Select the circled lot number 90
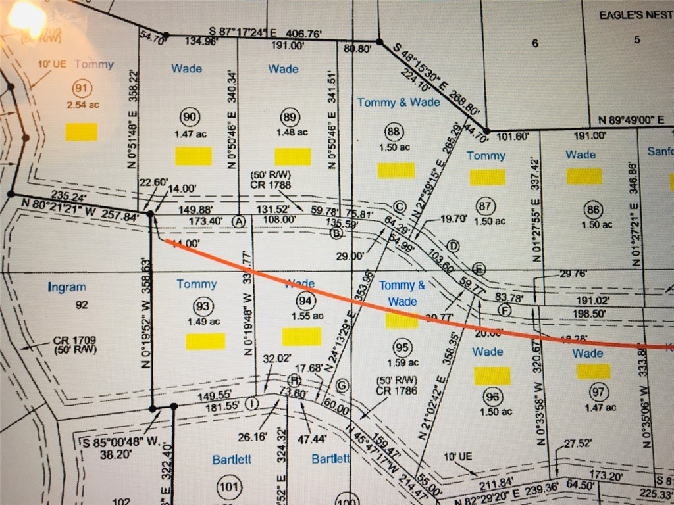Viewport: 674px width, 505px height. click(190, 117)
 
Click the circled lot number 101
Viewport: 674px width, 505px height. click(227, 487)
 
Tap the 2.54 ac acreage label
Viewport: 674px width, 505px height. click(82, 105)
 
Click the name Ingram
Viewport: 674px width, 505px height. click(67, 287)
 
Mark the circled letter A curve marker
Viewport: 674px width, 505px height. click(239, 221)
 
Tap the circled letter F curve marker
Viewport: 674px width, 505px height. click(505, 310)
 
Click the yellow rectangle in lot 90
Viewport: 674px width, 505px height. click(194, 156)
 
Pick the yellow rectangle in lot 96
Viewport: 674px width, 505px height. click(492, 375)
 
